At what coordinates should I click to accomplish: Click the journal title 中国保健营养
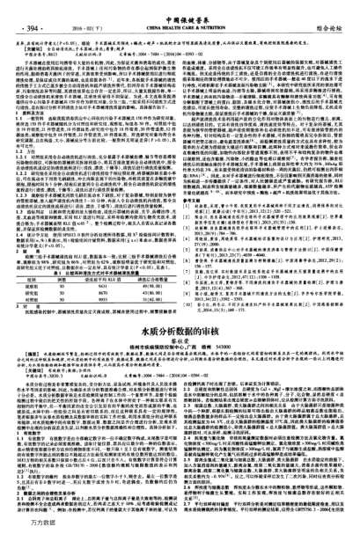coord(180,7)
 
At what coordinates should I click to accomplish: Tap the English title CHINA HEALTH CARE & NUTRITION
coord(180,16)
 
